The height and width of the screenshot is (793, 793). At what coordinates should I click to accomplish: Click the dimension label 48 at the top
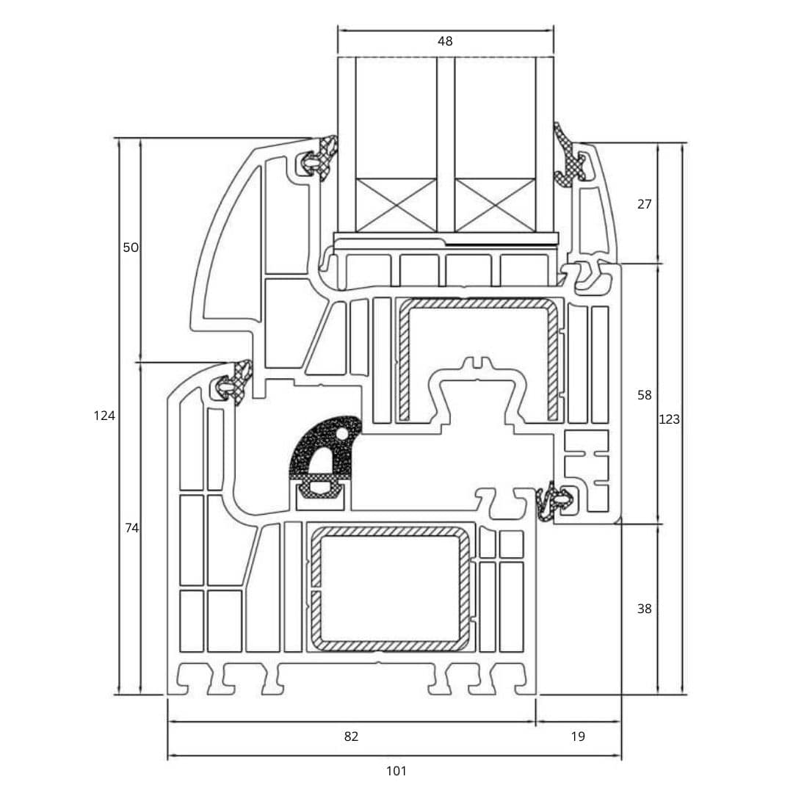click(445, 41)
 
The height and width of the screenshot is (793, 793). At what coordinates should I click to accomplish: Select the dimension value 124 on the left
click(104, 416)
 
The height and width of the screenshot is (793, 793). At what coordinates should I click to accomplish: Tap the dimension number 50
click(130, 247)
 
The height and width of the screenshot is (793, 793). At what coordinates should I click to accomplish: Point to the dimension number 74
click(131, 527)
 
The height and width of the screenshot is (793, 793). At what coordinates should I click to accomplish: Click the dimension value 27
click(644, 204)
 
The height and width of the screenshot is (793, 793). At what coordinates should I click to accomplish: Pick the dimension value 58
click(644, 395)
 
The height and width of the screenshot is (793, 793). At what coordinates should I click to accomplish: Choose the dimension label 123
click(669, 419)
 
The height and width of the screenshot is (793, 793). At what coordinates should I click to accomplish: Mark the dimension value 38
click(644, 609)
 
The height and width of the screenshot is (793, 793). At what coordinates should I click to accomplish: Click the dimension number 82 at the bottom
click(351, 736)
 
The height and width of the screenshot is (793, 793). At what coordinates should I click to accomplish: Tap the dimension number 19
click(578, 736)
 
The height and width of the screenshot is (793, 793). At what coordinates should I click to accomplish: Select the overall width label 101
click(396, 770)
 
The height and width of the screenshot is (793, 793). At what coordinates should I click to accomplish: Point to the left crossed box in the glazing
click(396, 205)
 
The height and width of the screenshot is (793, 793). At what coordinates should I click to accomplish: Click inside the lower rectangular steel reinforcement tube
click(389, 587)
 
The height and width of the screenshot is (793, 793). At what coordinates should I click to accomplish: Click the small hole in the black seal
click(342, 434)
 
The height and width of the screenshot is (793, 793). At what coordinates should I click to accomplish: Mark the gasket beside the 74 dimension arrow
click(233, 382)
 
